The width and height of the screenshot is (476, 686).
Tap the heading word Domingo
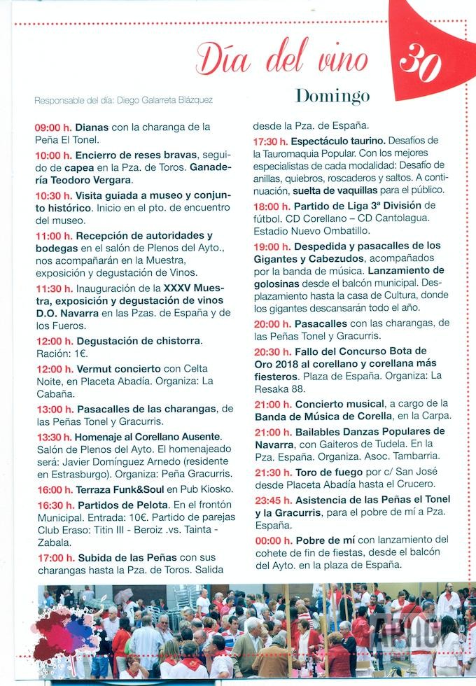coord(332,95)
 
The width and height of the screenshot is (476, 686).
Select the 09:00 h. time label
coord(53,127)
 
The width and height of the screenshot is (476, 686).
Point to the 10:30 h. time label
coord(53,195)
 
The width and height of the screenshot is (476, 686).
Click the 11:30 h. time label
coord(53,288)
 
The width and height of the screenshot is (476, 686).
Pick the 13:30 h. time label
coord(53,436)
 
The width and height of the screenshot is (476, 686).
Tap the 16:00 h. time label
coord(53,489)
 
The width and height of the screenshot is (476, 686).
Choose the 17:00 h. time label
coord(53,557)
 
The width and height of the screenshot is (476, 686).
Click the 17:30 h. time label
coord(271,141)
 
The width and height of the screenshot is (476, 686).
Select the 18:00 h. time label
coord(271,206)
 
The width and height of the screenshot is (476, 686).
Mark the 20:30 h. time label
coord(271,351)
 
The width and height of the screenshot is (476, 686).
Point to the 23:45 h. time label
coord(271,500)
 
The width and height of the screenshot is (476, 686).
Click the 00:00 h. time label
coord(271,540)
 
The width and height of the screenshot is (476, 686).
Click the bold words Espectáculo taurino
coord(338,141)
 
